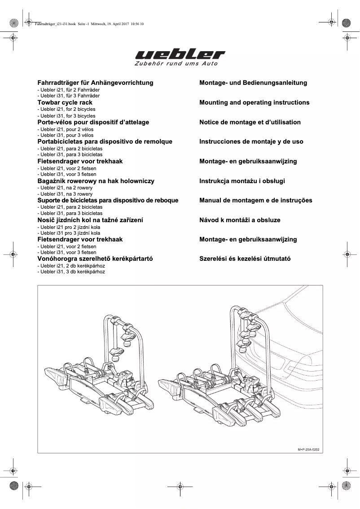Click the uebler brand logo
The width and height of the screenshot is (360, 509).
click(x=180, y=54)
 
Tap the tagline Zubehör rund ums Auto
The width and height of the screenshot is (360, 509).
click(x=176, y=64)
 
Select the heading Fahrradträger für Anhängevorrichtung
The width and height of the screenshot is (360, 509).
click(x=95, y=83)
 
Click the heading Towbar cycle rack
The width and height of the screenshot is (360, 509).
click(x=65, y=102)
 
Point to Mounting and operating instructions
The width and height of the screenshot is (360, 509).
click(x=254, y=102)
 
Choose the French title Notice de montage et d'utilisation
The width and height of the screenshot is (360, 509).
click(x=250, y=122)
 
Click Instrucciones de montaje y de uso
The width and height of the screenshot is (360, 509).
click(x=251, y=141)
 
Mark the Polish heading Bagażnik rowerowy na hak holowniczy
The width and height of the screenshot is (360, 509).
click(x=96, y=181)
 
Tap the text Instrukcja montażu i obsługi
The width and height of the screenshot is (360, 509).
click(x=242, y=181)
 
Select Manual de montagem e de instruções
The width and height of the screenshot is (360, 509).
click(x=255, y=200)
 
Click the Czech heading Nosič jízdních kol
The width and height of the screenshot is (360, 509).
click(x=90, y=220)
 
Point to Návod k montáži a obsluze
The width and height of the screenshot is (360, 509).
click(x=240, y=220)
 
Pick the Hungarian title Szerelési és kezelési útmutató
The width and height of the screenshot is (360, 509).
click(x=245, y=259)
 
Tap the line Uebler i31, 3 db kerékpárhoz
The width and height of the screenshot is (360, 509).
click(x=71, y=272)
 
